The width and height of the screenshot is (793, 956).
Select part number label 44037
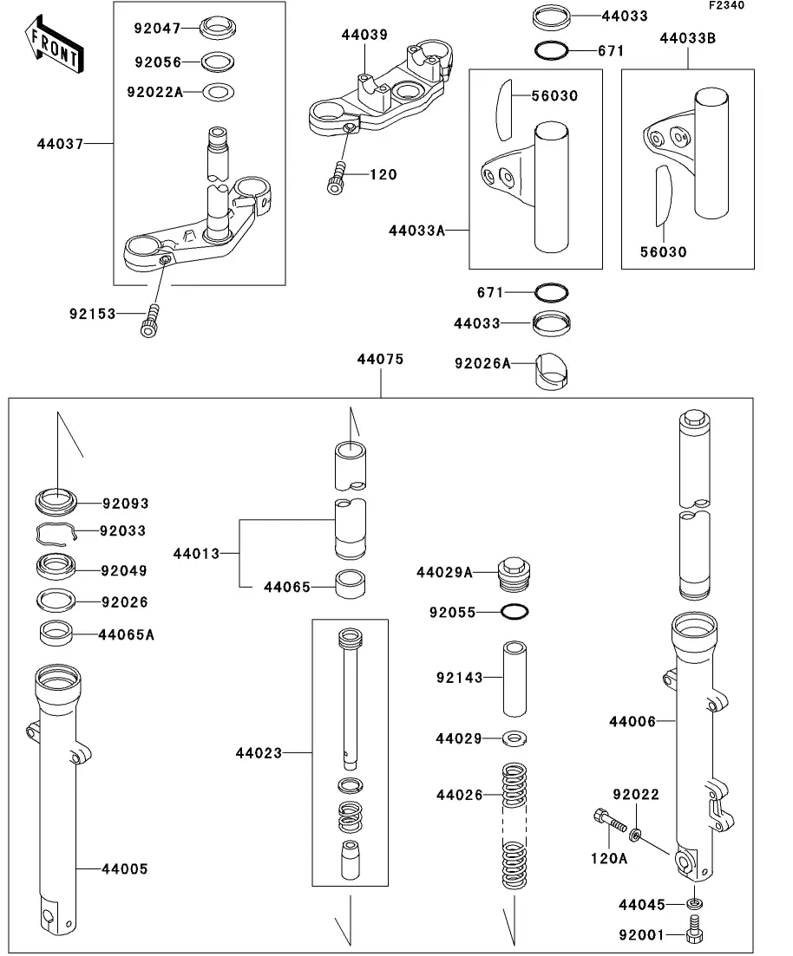tap(60, 143)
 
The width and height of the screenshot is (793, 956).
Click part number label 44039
tap(364, 35)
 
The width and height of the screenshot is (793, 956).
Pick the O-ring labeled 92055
tap(515, 612)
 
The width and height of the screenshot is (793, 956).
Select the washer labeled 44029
tap(515, 738)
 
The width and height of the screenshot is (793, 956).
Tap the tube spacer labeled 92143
tap(515, 677)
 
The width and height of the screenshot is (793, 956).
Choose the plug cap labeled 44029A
tap(514, 573)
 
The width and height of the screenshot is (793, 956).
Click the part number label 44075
tap(380, 359)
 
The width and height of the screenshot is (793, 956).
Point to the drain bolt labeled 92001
tap(694, 935)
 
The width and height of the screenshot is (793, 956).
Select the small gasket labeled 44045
tap(694, 905)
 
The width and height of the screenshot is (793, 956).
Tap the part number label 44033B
tap(688, 38)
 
